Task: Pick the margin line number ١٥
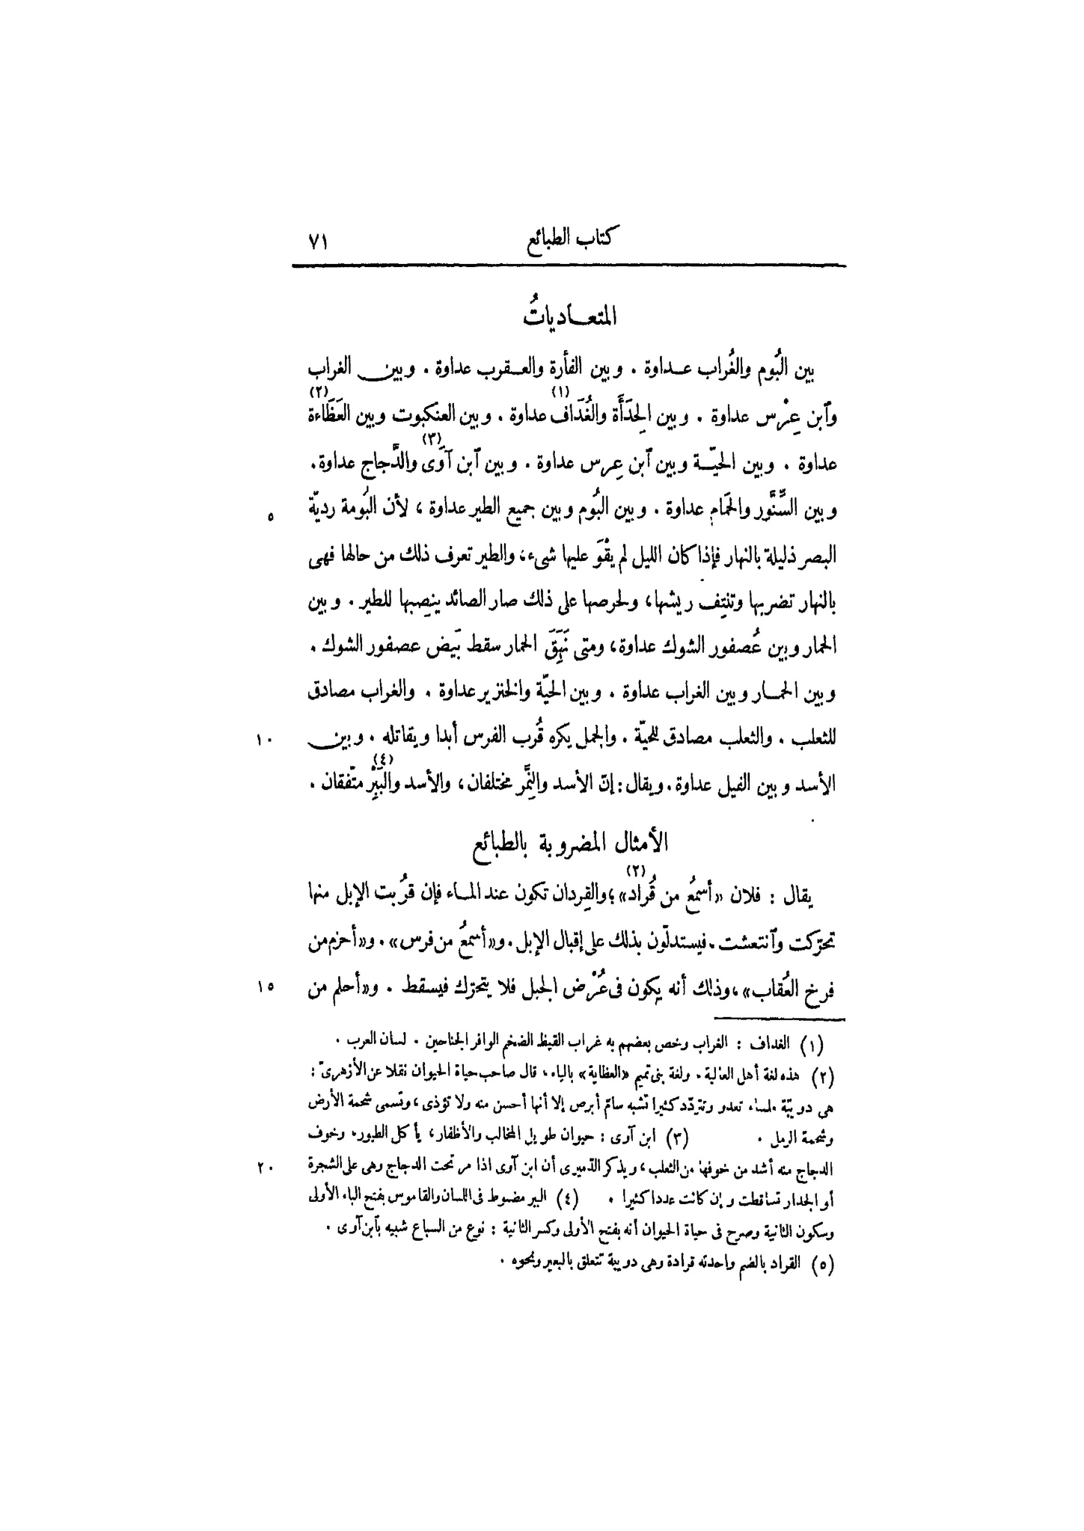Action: (265, 987)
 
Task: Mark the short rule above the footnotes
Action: (779, 1019)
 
